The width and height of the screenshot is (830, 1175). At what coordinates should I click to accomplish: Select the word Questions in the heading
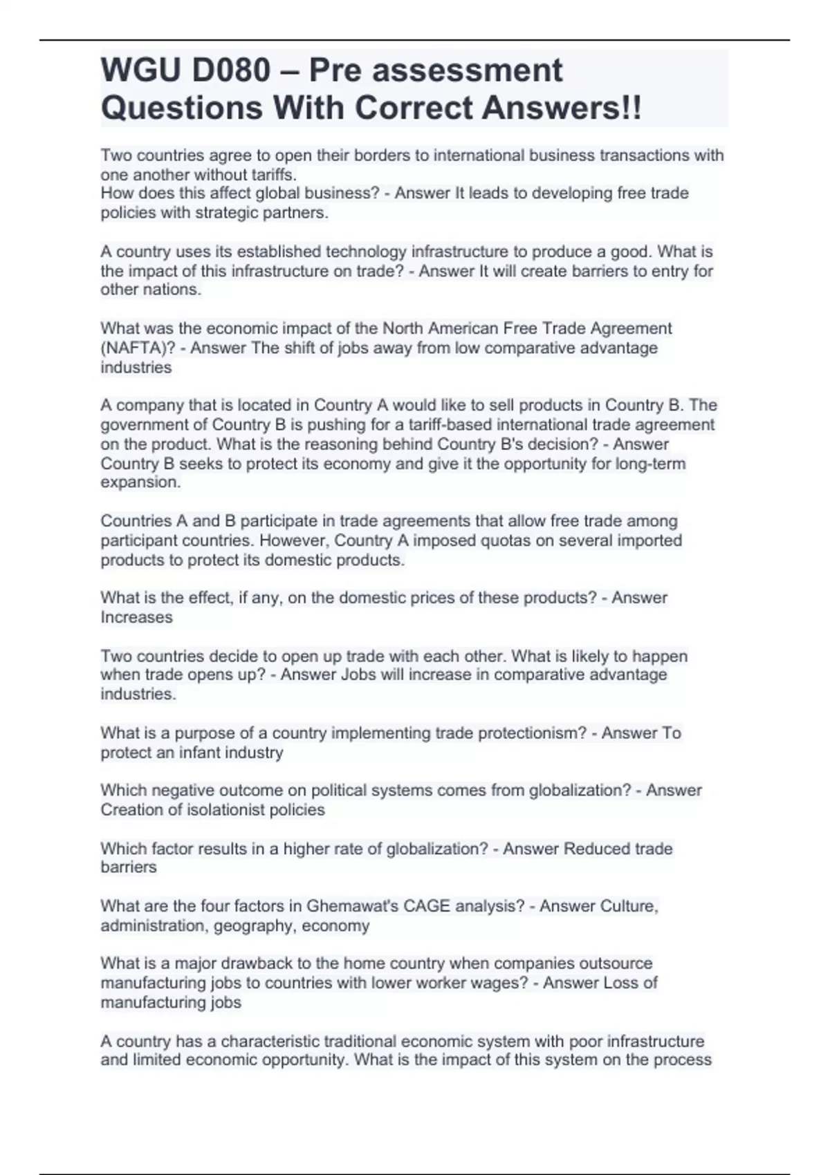[181, 108]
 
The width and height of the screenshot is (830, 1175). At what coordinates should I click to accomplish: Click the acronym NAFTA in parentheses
[132, 348]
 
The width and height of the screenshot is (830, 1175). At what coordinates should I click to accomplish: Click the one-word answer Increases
[136, 617]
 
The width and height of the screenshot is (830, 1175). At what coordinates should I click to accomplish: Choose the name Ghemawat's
[351, 906]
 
